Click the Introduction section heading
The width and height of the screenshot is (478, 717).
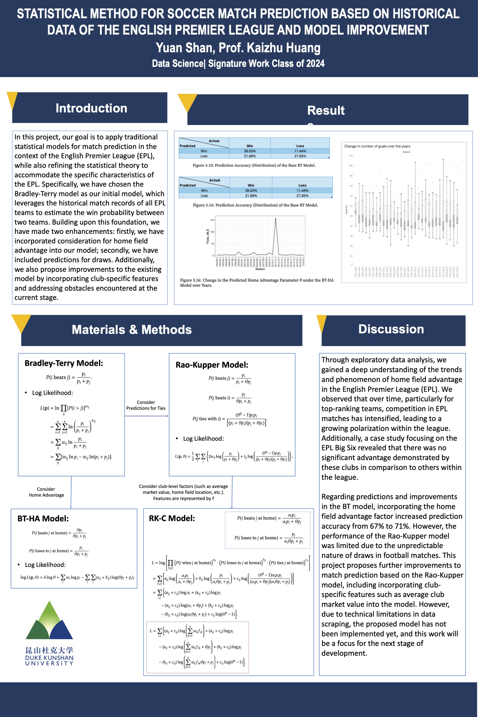pyautogui.click(x=91, y=108)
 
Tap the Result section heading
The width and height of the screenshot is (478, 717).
pyautogui.click(x=326, y=110)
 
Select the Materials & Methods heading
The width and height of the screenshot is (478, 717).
pyautogui.click(x=132, y=329)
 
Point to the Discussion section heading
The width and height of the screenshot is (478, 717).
pyautogui.click(x=391, y=329)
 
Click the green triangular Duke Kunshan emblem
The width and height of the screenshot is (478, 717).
pyautogui.click(x=49, y=622)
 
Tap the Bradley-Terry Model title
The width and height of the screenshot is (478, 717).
pyautogui.click(x=64, y=363)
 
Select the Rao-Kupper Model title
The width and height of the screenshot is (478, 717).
pyautogui.click(x=212, y=365)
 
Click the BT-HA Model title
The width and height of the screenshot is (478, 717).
pyautogui.click(x=43, y=519)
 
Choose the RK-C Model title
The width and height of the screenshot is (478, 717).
pyautogui.click(x=172, y=518)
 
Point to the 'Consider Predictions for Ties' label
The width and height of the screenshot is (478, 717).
pyautogui.click(x=146, y=405)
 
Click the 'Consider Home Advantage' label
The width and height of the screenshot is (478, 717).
pyautogui.click(x=46, y=492)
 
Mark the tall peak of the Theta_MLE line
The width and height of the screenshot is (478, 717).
pyautogui.click(x=276, y=218)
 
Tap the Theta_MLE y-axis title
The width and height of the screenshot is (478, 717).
pyautogui.click(x=208, y=236)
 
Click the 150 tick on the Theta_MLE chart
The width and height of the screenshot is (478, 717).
pyautogui.click(x=212, y=220)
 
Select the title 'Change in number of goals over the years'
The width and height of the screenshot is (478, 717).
pyautogui.click(x=377, y=146)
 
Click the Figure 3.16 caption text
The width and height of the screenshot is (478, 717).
pyautogui.click(x=256, y=282)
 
